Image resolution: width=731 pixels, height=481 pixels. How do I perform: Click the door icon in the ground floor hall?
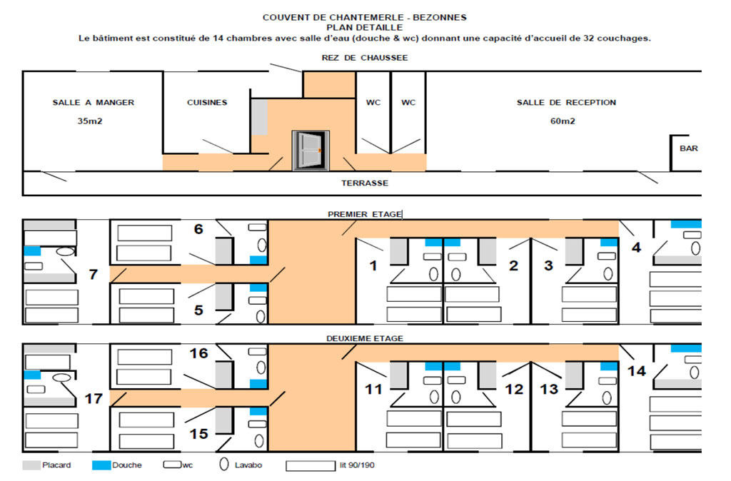click(311, 151)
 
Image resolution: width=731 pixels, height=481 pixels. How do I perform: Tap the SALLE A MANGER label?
click(94, 103)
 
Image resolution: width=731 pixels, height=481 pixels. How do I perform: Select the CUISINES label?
click(207, 103)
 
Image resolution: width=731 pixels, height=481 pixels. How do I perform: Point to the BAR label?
click(689, 148)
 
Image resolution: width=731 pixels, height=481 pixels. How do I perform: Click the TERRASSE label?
click(365, 183)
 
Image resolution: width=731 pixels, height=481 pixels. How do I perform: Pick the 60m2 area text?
click(563, 121)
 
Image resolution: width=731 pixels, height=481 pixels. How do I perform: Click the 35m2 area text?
click(90, 121)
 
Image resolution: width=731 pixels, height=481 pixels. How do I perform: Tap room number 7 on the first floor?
click(94, 274)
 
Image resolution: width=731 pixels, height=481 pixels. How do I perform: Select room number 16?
click(198, 353)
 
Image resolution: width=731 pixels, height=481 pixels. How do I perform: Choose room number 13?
click(549, 389)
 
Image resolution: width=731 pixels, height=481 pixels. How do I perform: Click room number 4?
click(636, 247)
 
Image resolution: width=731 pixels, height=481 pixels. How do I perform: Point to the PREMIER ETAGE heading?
click(365, 214)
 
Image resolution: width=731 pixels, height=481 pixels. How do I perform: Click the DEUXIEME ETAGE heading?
click(365, 338)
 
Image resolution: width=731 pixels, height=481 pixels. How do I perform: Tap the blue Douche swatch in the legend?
click(101, 465)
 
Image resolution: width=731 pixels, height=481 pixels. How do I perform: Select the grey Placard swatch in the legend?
click(31, 465)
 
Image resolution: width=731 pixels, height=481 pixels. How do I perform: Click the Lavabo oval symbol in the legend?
click(224, 464)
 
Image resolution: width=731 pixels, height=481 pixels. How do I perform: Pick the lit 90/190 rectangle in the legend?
click(311, 465)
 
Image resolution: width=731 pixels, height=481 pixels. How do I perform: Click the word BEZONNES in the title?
click(440, 18)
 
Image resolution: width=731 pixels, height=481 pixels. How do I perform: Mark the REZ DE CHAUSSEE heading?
click(365, 58)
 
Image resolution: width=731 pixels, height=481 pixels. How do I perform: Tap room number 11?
click(373, 389)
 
